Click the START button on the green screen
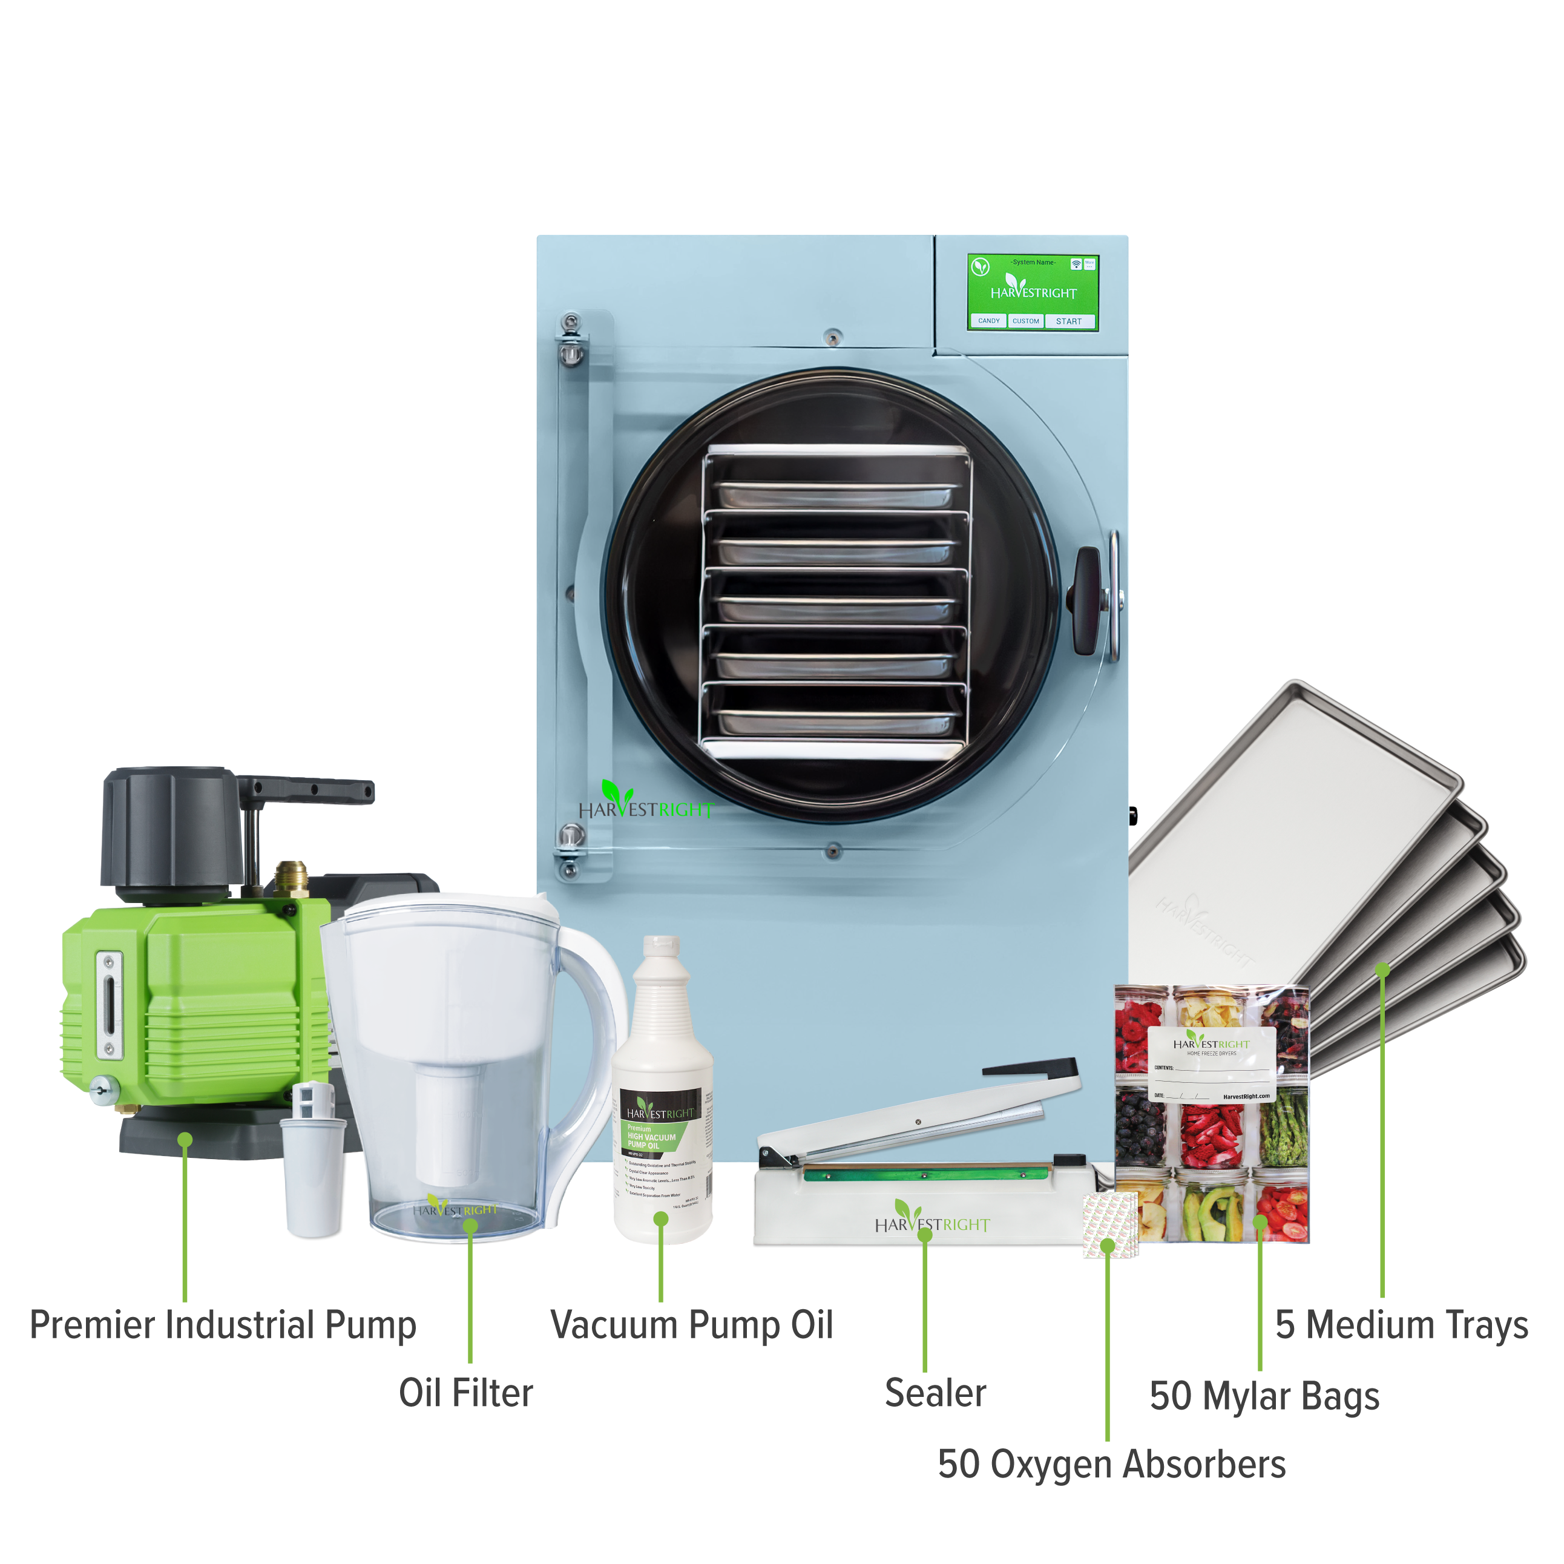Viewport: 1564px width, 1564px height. tap(1068, 321)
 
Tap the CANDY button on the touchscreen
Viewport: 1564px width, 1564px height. tap(988, 321)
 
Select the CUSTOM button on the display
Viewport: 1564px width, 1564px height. tap(1026, 321)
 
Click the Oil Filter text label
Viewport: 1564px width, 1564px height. tap(465, 1393)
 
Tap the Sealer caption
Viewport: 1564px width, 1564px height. tap(935, 1393)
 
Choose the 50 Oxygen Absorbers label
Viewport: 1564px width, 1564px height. tap(1111, 1464)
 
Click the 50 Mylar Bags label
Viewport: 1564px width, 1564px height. tap(1264, 1396)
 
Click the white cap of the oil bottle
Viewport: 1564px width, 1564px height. tap(660, 947)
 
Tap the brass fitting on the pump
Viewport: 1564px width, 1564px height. tap(291, 878)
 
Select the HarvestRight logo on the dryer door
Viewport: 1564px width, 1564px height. tap(645, 806)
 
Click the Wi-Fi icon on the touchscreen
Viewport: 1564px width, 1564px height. tap(1076, 264)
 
